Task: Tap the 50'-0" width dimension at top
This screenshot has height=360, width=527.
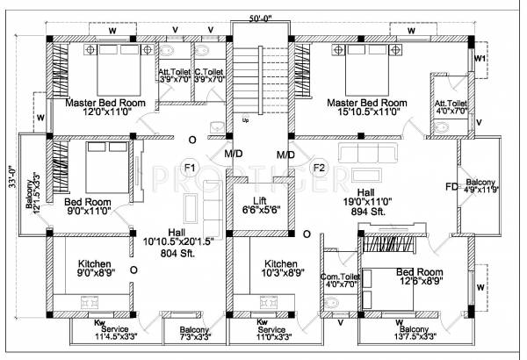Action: point(263,17)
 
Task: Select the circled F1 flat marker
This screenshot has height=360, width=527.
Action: point(190,167)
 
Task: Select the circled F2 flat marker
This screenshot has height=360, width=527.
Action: point(320,167)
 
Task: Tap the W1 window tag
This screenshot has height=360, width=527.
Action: point(480,58)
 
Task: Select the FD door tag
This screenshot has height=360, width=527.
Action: point(451,187)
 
